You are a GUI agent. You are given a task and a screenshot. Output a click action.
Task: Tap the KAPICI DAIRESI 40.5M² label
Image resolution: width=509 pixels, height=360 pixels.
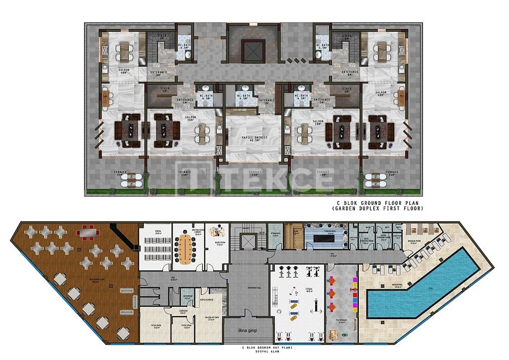[x=254, y=138]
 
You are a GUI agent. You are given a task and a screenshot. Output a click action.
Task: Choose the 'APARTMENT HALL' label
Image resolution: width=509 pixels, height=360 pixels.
[x=249, y=289]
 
